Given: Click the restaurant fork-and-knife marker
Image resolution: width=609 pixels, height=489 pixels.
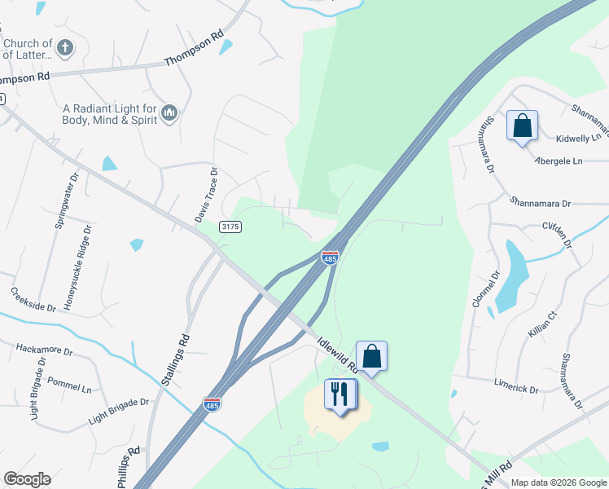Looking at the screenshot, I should [x=340, y=394].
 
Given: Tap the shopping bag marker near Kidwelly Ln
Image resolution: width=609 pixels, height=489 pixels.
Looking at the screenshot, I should [x=522, y=126].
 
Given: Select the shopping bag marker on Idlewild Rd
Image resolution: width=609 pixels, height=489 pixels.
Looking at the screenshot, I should [x=371, y=356].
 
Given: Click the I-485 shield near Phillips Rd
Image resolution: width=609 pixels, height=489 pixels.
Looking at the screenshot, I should [x=211, y=404].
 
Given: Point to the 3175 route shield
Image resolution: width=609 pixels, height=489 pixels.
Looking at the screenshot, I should [x=230, y=227].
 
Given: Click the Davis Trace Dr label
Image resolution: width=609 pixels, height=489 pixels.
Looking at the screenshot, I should [x=207, y=196].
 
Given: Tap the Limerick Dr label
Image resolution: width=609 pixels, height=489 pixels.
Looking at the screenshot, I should [x=516, y=385].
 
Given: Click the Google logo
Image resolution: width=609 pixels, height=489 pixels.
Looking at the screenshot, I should [x=27, y=479].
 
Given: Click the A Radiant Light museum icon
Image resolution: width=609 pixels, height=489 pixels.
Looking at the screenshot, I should [x=169, y=112].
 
